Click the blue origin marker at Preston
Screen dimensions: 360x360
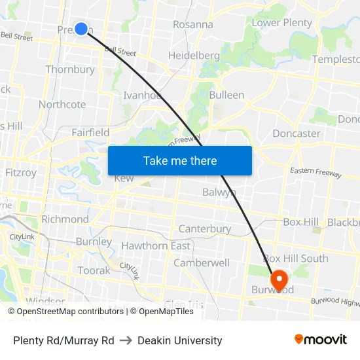click(x=81, y=28)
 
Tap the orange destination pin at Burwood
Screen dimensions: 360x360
click(x=279, y=280)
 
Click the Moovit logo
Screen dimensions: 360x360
click(x=321, y=340)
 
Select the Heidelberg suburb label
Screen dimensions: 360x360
click(x=194, y=56)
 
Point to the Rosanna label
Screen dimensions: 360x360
click(x=193, y=25)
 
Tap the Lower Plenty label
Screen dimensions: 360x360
click(x=282, y=23)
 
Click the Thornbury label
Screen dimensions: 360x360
click(x=70, y=69)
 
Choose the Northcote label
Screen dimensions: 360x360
click(x=62, y=105)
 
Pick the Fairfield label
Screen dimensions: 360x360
click(x=90, y=133)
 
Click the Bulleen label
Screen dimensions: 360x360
click(x=226, y=95)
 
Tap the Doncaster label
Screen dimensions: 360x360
click(x=296, y=134)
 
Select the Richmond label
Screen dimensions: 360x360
click(x=65, y=219)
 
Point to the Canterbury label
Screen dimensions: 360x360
click(x=205, y=229)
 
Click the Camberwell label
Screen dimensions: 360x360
click(x=202, y=263)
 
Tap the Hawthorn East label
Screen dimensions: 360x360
click(x=156, y=246)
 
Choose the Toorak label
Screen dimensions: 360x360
click(x=94, y=270)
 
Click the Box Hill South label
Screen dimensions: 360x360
click(x=296, y=259)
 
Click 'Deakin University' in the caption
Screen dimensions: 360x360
click(x=179, y=340)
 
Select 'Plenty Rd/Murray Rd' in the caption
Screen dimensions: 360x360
click(x=63, y=340)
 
